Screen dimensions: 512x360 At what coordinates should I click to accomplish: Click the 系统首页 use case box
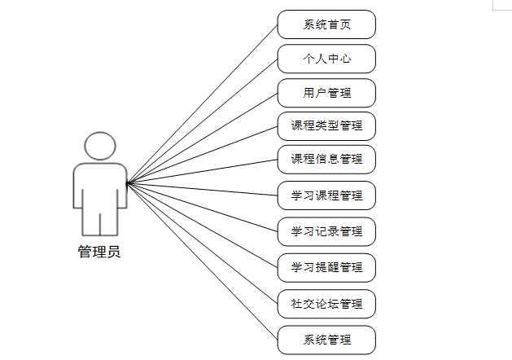coord(326,24)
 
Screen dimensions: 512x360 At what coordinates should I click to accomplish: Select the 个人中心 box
coord(326,59)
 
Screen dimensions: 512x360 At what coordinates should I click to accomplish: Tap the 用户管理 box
coord(326,93)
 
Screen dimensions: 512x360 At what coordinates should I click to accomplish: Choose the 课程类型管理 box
coord(326,126)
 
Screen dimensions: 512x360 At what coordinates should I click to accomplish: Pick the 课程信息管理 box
coord(326,159)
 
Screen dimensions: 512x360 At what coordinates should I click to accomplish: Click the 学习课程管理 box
coord(326,196)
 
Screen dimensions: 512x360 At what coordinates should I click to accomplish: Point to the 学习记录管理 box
coord(326,231)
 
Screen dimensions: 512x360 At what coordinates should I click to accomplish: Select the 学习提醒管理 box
coord(326,267)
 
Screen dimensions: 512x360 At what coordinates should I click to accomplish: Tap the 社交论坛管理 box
coord(326,304)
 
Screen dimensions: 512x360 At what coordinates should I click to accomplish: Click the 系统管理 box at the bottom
coord(326,339)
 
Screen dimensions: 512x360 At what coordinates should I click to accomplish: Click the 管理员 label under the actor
coord(99,252)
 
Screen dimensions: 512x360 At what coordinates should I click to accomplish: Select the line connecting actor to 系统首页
coord(203,102)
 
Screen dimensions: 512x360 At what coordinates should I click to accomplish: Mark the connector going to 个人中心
coord(203,120)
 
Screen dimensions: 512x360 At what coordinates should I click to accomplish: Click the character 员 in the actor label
coord(113,252)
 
